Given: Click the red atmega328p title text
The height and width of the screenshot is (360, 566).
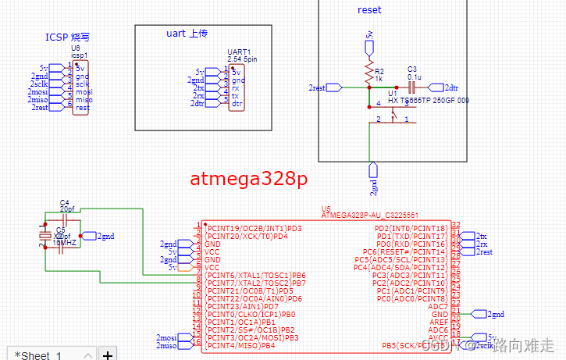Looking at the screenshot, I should pyautogui.click(x=249, y=179).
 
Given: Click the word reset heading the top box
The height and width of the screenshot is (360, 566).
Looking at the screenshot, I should pyautogui.click(x=369, y=10).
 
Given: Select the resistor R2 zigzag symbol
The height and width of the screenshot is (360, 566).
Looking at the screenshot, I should pyautogui.click(x=369, y=74).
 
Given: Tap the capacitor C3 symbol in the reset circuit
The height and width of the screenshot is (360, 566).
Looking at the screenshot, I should pyautogui.click(x=411, y=87).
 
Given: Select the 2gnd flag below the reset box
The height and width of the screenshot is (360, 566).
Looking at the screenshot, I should pyautogui.click(x=374, y=178).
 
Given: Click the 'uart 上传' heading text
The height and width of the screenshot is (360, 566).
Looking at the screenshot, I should pyautogui.click(x=188, y=34).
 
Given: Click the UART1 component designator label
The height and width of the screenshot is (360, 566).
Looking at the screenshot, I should pyautogui.click(x=238, y=52).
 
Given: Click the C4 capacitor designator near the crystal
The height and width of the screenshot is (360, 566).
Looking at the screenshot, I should pyautogui.click(x=65, y=202).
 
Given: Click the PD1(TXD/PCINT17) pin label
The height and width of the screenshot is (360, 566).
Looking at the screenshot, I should pyautogui.click(x=412, y=236).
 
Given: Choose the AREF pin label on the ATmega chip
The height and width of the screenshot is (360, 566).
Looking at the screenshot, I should pyautogui.click(x=438, y=322).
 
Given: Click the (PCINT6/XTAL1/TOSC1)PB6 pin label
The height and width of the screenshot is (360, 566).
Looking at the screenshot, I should pyautogui.click(x=255, y=275).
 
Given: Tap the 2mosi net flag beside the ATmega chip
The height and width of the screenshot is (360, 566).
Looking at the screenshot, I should pyautogui.click(x=167, y=337).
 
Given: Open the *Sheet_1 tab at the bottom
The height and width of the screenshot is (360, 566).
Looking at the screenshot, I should pyautogui.click(x=39, y=355).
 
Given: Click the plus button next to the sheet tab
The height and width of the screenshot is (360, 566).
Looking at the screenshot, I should pyautogui.click(x=108, y=355).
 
